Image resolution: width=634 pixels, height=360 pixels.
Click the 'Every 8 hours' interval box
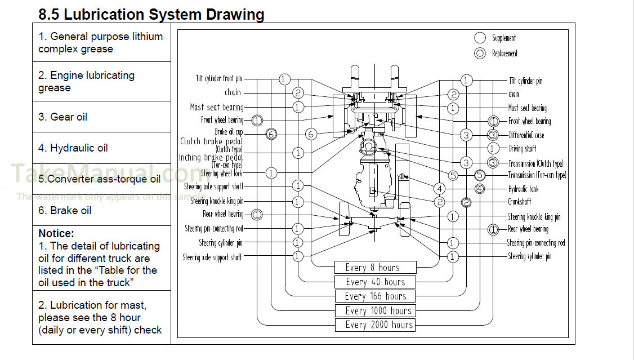(x=375, y=268)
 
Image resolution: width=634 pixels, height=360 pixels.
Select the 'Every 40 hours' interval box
(x=375, y=282)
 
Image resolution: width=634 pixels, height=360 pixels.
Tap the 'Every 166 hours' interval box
(x=375, y=296)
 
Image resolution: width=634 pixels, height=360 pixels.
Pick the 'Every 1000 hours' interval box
(x=375, y=310)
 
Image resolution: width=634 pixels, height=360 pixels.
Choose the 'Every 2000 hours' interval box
(x=375, y=325)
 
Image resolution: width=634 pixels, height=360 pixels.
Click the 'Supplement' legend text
(x=504, y=38)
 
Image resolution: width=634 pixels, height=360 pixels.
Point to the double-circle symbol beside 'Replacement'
(x=480, y=54)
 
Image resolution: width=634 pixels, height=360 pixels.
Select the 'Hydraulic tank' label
(x=523, y=189)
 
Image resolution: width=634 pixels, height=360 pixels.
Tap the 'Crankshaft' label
(x=519, y=202)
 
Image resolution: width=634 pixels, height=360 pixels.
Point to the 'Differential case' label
(x=526, y=135)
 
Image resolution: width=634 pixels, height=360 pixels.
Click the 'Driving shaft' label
(x=522, y=149)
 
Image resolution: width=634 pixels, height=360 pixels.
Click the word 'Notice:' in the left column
(x=56, y=233)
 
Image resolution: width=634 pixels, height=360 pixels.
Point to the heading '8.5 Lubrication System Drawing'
(x=151, y=14)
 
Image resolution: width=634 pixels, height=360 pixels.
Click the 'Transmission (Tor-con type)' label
(x=537, y=175)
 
